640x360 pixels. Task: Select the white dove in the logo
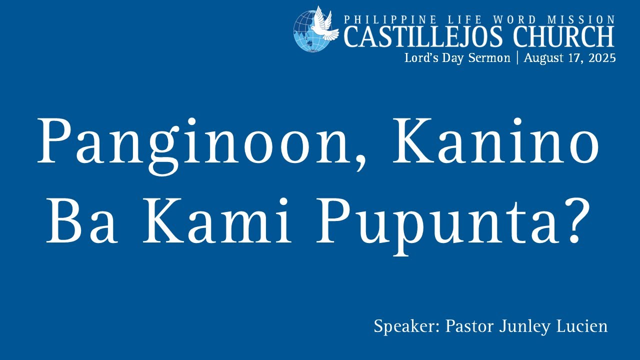click(x=320, y=23)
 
